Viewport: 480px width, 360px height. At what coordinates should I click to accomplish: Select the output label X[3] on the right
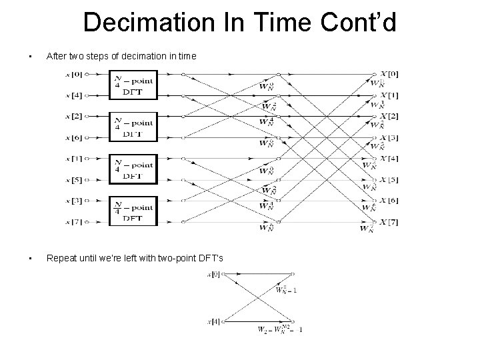point(390,137)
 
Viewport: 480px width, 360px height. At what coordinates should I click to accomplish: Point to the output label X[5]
point(390,180)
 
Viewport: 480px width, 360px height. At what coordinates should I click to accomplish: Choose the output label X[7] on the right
point(390,222)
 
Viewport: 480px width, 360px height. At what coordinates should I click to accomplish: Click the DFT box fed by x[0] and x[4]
point(133,84)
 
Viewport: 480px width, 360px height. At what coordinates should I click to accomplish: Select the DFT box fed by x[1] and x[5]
point(133,169)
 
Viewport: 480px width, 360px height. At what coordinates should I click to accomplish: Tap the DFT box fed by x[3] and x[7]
point(133,212)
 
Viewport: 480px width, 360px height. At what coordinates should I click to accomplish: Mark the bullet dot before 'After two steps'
point(22,57)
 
